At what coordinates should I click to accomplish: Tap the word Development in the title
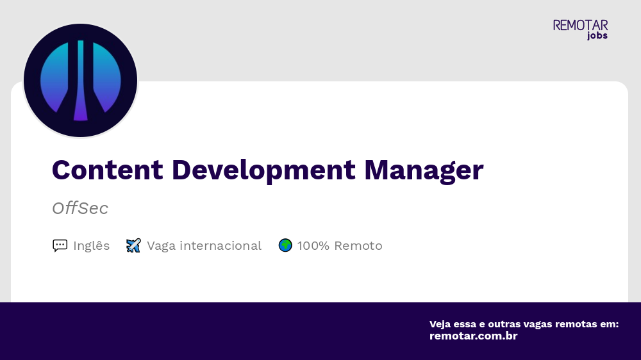(263, 170)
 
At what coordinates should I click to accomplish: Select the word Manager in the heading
(424, 170)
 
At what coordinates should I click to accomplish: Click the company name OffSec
(80, 208)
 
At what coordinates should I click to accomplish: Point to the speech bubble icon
(60, 245)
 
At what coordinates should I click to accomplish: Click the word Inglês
(91, 245)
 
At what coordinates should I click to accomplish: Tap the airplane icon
(133, 245)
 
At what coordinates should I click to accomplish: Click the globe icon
(285, 245)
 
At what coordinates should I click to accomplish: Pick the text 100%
(313, 245)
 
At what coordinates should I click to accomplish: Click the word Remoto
(358, 245)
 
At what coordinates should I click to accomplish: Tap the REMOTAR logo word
(580, 26)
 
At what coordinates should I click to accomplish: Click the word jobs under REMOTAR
(597, 36)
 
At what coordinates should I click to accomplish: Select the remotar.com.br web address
(473, 336)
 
